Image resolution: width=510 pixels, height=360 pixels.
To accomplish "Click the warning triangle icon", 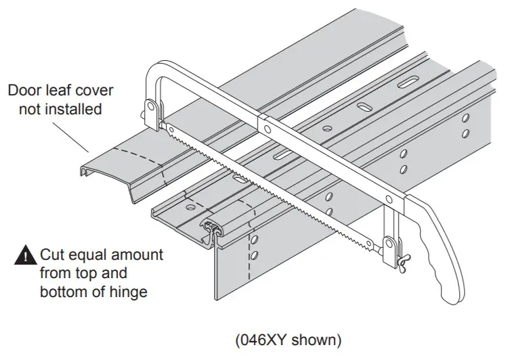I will (x=24, y=256).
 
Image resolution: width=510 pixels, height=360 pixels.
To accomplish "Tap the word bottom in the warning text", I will (x=62, y=292).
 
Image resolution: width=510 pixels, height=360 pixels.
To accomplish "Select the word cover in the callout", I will (x=96, y=91).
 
